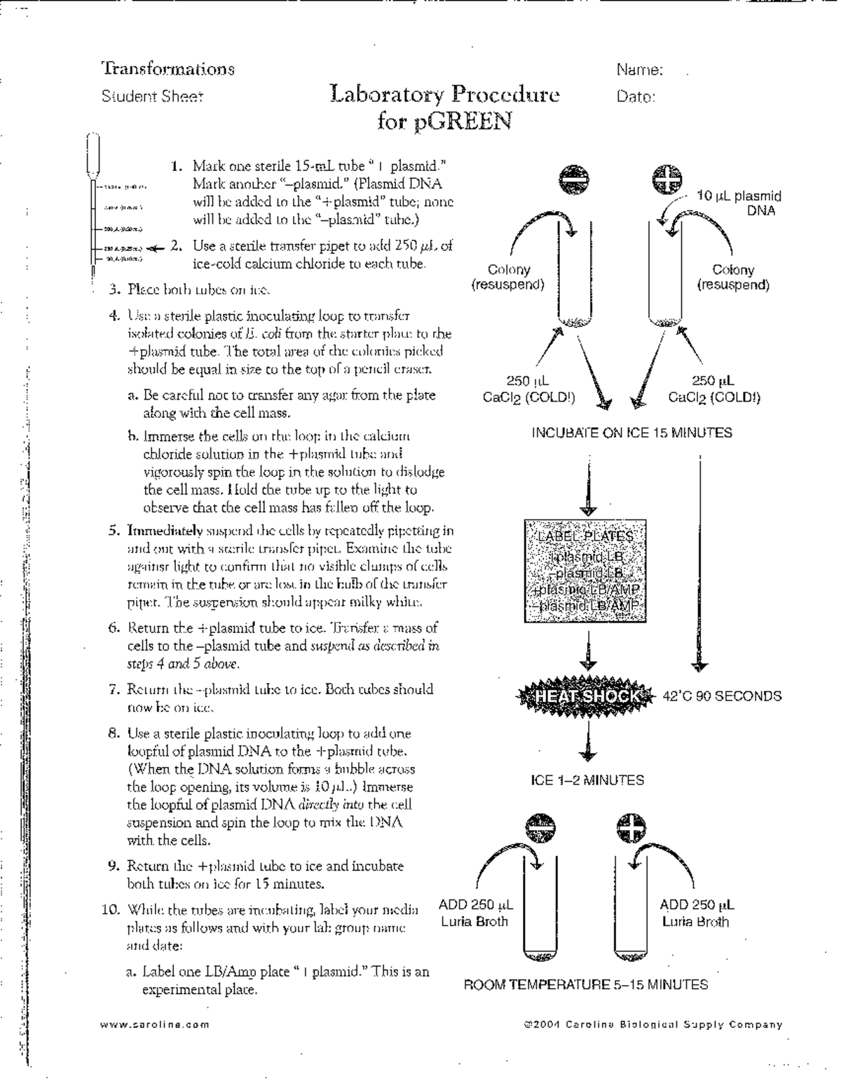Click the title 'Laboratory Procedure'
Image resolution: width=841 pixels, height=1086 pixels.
coord(445,95)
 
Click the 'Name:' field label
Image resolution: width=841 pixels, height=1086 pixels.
coord(640,70)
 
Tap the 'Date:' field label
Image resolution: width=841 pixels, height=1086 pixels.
coord(636,97)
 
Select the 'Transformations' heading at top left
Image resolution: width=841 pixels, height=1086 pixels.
coord(168,69)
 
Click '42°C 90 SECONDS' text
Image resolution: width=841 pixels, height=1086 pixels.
coord(722,696)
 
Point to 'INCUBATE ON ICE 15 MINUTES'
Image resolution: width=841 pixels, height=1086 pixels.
coord(631,433)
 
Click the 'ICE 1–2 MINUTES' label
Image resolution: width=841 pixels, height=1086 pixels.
coord(587,780)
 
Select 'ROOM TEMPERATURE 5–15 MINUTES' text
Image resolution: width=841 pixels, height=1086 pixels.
coord(586,984)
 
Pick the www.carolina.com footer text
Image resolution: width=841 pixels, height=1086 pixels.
coord(155,1024)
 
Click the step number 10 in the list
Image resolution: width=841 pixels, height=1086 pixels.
coord(111,910)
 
